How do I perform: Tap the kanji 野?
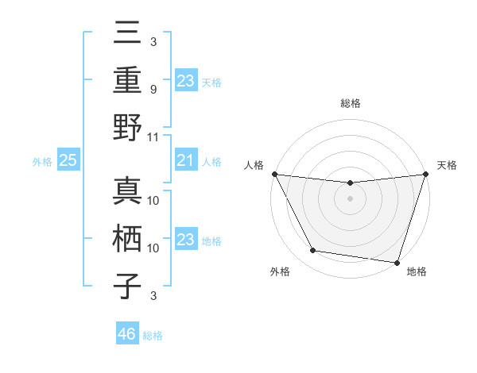tap(128, 127)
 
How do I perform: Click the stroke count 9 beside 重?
tap(153, 89)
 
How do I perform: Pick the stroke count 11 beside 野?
tap(154, 137)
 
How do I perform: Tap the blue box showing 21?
tap(185, 161)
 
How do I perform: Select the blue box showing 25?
tap(68, 161)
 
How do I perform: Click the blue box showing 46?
tap(126, 334)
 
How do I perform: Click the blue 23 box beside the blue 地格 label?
tap(185, 240)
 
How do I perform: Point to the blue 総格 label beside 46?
tap(153, 336)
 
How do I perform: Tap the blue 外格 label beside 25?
tap(42, 162)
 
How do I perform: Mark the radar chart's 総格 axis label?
tap(350, 103)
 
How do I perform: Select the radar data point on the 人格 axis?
tap(274, 174)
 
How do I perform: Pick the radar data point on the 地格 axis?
tap(397, 262)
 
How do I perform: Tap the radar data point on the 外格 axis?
tap(313, 251)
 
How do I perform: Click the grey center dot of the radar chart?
tap(350, 198)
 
